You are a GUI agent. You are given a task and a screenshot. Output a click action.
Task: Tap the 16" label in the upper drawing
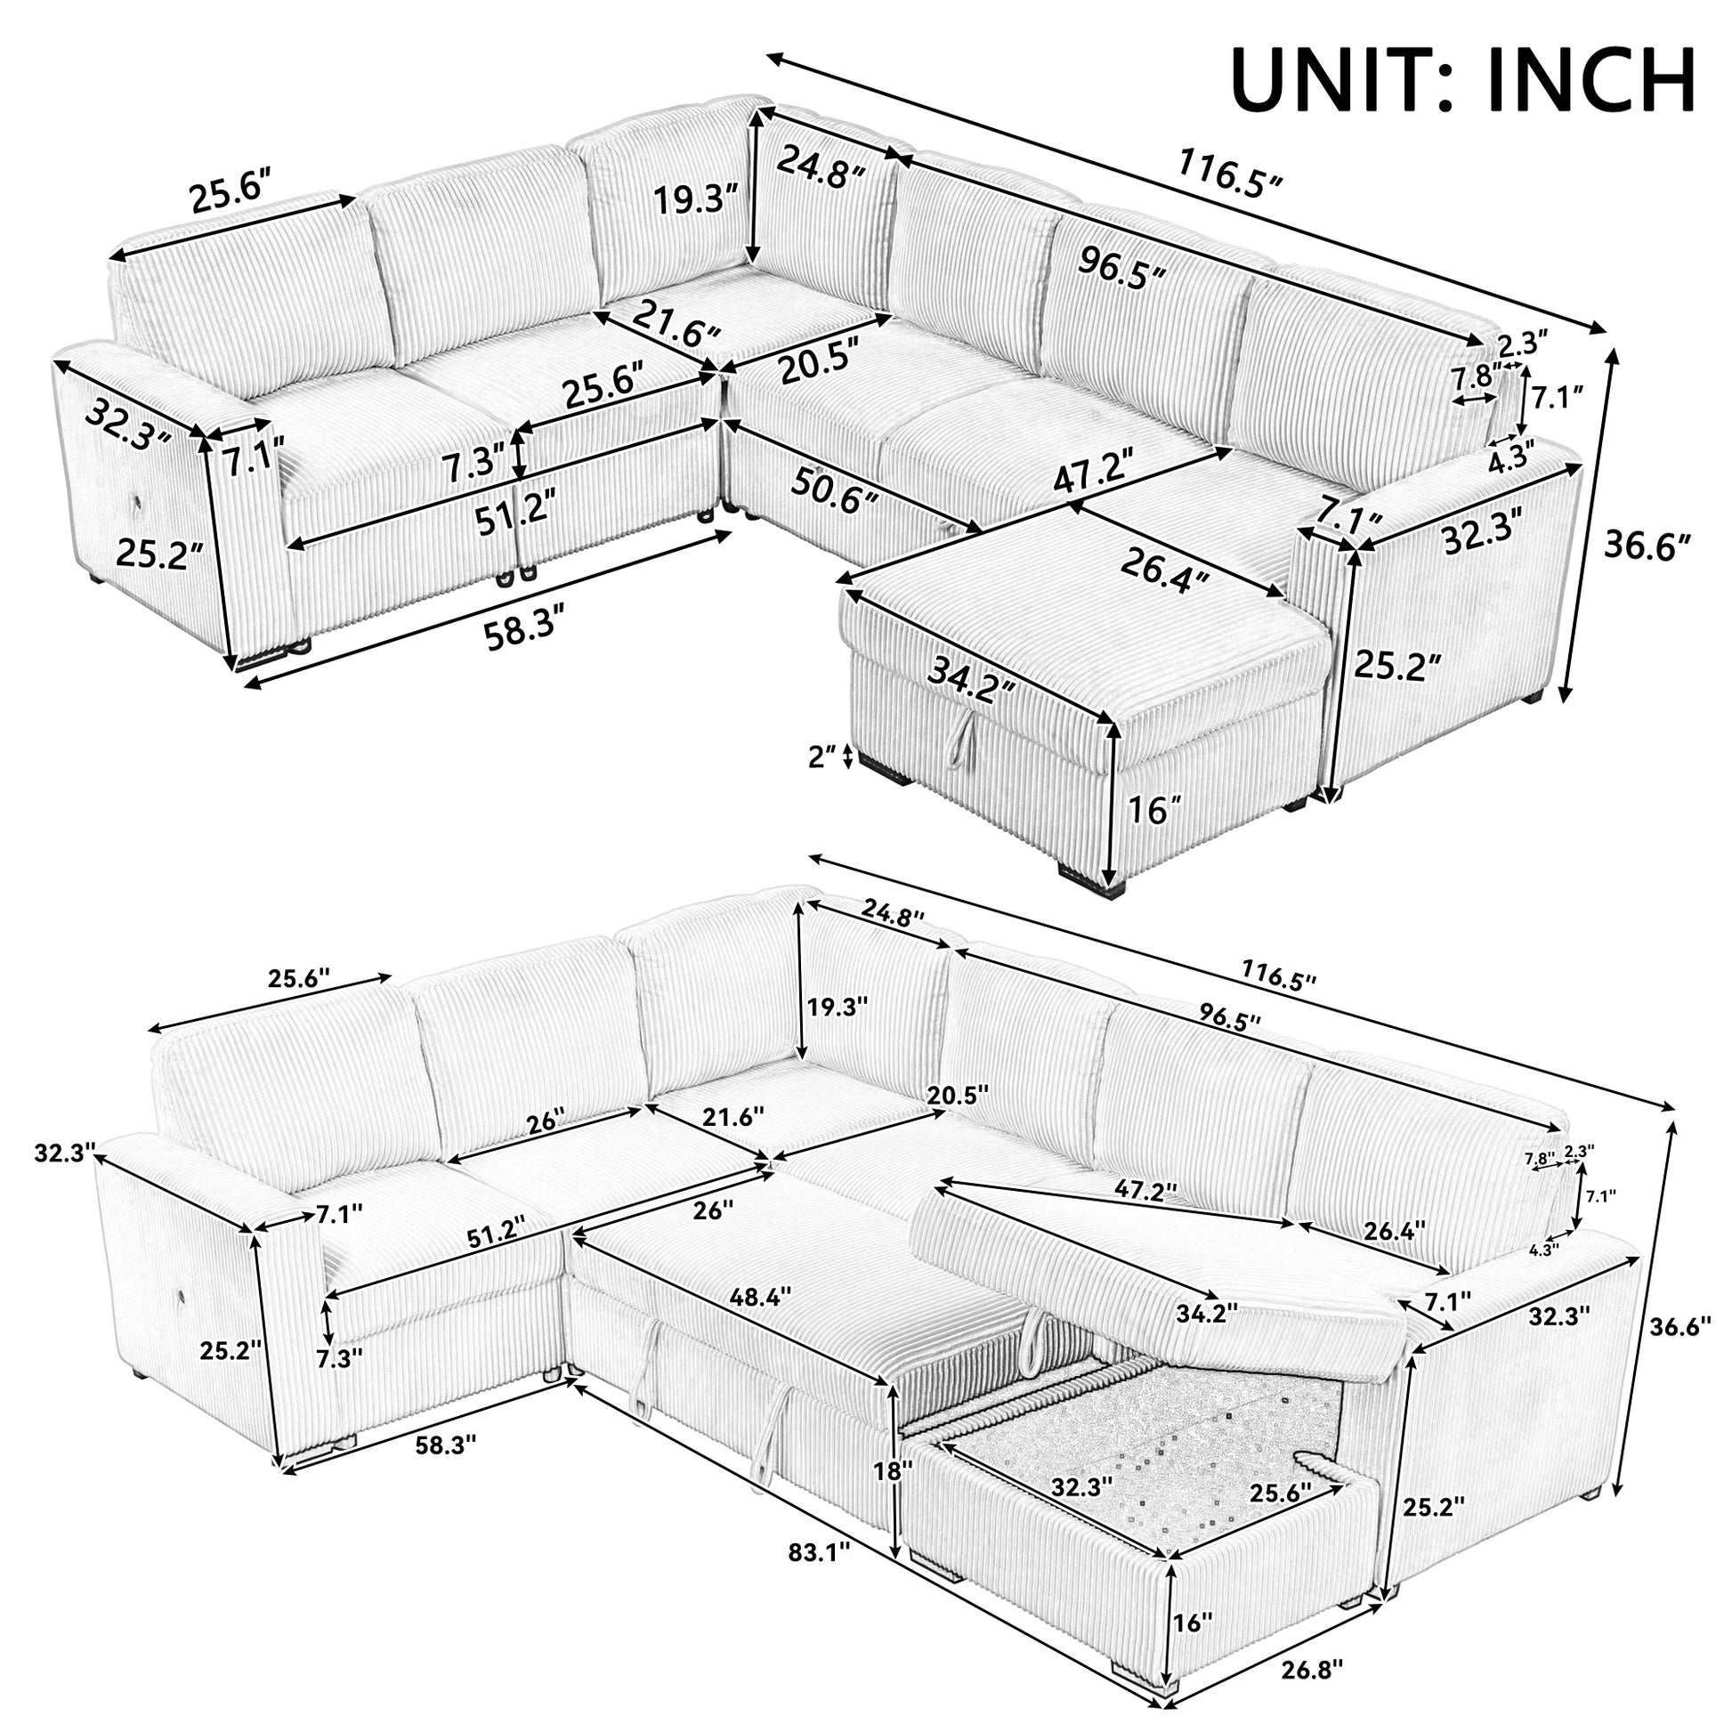tap(1147, 812)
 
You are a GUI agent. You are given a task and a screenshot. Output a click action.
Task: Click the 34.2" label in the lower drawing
tap(1208, 1313)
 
